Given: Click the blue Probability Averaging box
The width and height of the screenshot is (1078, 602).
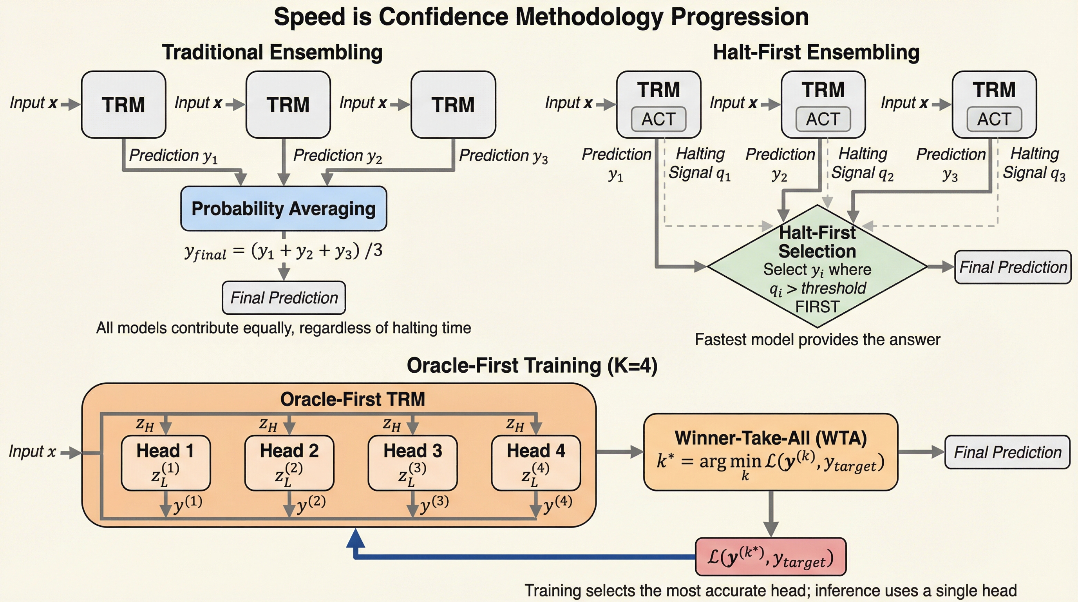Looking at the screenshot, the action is (284, 209).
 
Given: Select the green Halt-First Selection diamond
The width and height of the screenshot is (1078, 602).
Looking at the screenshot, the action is (817, 266).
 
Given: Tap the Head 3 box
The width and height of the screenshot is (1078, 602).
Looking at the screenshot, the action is (412, 463).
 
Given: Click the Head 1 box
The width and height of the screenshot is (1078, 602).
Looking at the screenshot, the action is (166, 463).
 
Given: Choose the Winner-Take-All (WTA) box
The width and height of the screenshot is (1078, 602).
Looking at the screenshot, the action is (771, 452).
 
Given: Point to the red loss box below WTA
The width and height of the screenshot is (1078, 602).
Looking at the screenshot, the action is (771, 557).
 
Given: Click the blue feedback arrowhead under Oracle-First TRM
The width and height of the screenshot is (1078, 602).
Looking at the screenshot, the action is (355, 538).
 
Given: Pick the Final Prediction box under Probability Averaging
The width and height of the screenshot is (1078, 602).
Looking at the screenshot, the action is (284, 297).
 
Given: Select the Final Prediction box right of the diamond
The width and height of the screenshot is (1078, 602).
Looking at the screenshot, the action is (1013, 267).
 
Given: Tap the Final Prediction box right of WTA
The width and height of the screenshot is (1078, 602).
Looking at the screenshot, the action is (1007, 452).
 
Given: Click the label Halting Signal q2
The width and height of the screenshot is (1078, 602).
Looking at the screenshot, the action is (863, 164).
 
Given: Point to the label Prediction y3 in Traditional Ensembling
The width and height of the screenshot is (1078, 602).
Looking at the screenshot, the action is (503, 156).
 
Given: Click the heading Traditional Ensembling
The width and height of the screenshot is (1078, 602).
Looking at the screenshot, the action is (272, 53).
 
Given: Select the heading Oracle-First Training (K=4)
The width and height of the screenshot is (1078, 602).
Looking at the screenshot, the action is (532, 365).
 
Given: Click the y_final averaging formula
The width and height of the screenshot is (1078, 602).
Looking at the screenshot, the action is (283, 251).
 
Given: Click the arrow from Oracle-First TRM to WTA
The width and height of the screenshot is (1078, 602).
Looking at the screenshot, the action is (620, 452).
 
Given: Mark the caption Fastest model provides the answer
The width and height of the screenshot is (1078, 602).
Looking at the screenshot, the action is (817, 339).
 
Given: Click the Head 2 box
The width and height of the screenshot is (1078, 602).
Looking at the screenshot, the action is (289, 463).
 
